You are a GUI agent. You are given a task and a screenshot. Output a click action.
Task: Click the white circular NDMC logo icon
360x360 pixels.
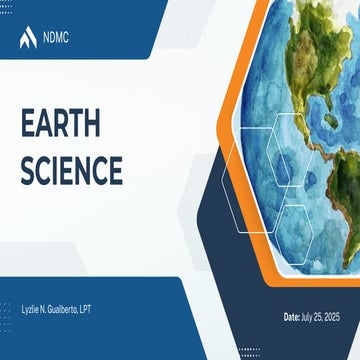28,38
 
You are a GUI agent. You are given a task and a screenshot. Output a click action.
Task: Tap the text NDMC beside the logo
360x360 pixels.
56,38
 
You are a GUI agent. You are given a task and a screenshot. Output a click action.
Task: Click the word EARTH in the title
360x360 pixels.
59,125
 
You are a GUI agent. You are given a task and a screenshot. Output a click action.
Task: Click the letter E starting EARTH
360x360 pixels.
27,125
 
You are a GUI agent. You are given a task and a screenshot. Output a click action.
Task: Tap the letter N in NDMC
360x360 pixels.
45,38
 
